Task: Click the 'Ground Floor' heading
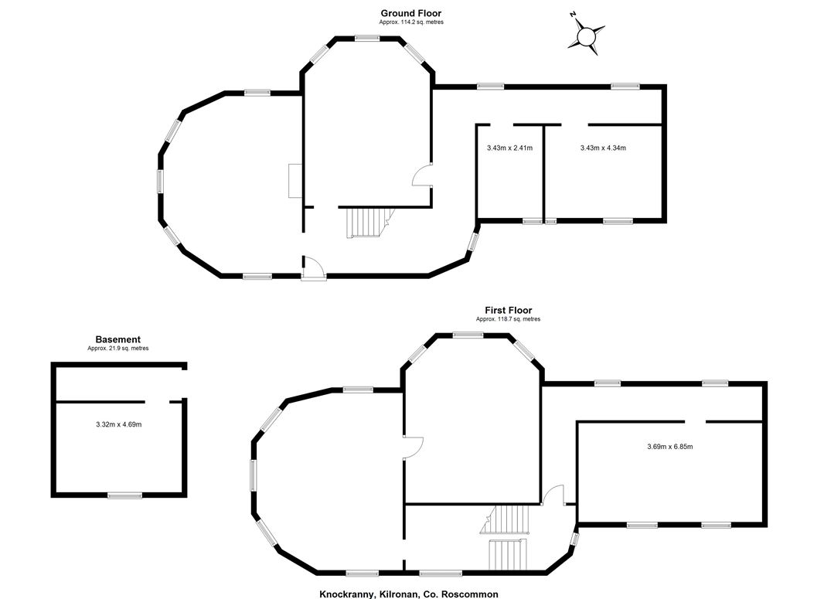click(411, 13)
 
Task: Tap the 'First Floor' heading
click(508, 310)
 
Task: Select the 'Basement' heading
click(117, 339)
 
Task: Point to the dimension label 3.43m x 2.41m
click(509, 148)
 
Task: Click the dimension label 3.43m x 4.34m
click(603, 148)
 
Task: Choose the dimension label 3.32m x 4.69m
click(119, 424)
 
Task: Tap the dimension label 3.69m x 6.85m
click(669, 447)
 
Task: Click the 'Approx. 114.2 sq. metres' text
click(411, 22)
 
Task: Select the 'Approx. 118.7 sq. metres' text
click(508, 319)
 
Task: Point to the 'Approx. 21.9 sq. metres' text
click(117, 349)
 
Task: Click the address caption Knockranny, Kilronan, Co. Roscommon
click(409, 594)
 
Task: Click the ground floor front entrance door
click(314, 268)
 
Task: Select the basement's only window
click(124, 495)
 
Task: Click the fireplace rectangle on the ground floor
click(295, 180)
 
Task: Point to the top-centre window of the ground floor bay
click(367, 38)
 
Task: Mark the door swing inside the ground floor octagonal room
click(423, 175)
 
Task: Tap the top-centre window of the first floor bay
click(468, 335)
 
